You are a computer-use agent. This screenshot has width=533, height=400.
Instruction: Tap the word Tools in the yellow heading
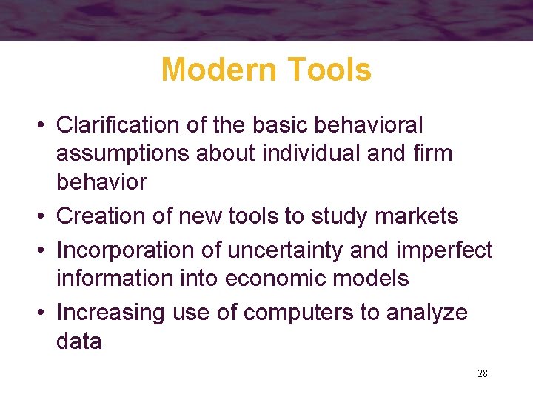coord(330,70)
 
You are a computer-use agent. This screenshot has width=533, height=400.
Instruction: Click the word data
coord(79,341)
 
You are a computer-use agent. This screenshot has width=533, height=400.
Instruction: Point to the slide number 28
coord(483,373)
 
